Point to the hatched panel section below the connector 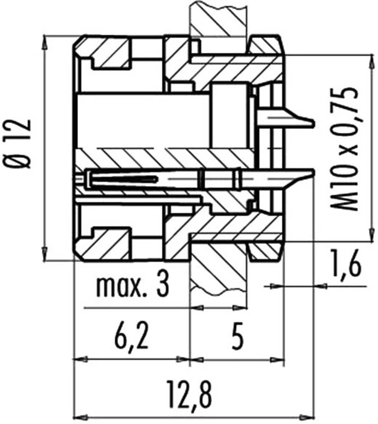pos(218,271)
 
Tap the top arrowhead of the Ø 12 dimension pos(45,41)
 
